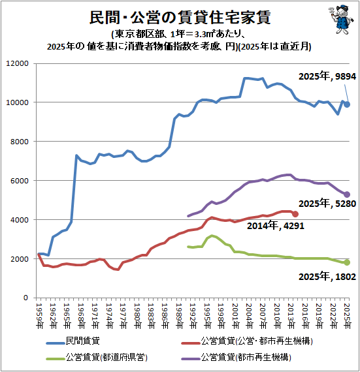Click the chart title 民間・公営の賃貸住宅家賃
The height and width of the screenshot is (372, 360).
tap(180, 17)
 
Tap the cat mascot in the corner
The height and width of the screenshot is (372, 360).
tap(341, 19)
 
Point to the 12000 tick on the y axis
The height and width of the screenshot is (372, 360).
tap(18, 63)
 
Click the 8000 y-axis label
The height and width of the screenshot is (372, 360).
tap(20, 142)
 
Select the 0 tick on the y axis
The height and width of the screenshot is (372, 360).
tap(26, 298)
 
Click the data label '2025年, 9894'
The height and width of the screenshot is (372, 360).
tap(327, 76)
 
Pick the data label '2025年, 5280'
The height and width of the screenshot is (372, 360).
tap(327, 204)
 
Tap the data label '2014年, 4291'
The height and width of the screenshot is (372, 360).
tap(276, 225)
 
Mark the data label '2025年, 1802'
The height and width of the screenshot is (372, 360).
tap(327, 277)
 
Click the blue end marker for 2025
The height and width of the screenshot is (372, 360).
tap(347, 104)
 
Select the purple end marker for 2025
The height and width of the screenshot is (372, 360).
tap(347, 194)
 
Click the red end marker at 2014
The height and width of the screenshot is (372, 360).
tap(295, 214)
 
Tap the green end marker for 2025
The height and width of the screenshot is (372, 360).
tap(347, 262)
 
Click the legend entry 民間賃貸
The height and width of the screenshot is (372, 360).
tap(73, 341)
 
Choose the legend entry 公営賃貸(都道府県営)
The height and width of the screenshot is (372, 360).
tap(97, 357)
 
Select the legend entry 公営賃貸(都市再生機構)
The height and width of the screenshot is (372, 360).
tap(237, 357)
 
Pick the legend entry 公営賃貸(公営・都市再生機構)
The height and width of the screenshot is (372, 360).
tap(247, 341)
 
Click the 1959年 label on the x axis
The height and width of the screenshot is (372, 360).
tap(40, 316)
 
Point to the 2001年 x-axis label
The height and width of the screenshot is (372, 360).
tap(235, 316)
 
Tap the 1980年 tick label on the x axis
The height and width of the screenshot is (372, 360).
tap(137, 316)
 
